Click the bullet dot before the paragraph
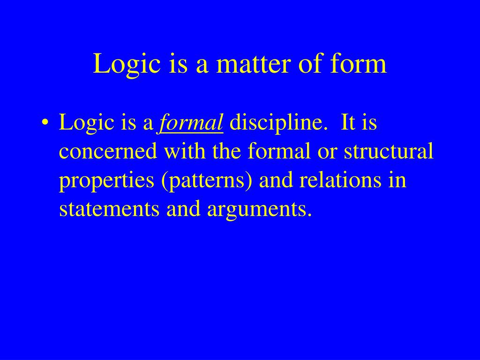pos(45,124)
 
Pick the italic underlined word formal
pos(191,124)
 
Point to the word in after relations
pos(398,181)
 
